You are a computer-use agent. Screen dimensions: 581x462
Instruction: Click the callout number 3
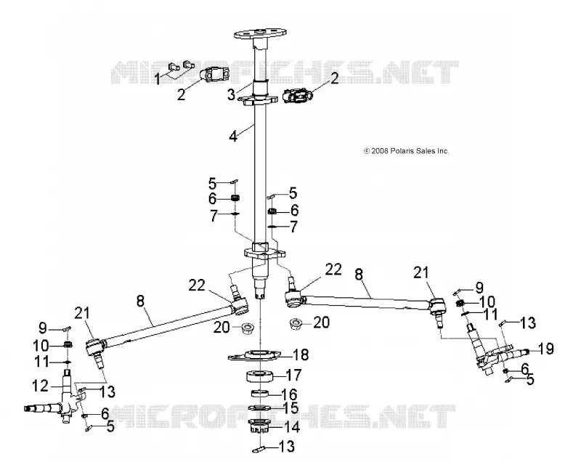click(x=231, y=94)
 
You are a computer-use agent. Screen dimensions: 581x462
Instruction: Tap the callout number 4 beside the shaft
click(x=233, y=136)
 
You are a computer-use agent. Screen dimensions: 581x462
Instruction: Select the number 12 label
click(x=41, y=386)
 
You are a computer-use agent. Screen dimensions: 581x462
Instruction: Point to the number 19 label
click(x=545, y=349)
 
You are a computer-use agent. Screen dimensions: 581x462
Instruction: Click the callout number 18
click(x=301, y=354)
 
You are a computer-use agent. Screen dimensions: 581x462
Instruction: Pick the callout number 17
click(x=294, y=375)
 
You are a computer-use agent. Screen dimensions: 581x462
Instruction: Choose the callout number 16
click(x=289, y=394)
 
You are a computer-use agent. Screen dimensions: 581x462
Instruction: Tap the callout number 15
click(x=290, y=408)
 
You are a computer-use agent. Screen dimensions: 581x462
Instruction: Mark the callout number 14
click(x=291, y=427)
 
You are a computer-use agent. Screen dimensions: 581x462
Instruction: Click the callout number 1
click(x=158, y=79)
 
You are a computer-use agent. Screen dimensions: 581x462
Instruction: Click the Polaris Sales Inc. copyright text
click(x=407, y=151)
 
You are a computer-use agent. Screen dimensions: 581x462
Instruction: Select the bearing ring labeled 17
click(x=260, y=376)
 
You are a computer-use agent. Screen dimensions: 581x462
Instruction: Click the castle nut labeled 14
click(x=260, y=426)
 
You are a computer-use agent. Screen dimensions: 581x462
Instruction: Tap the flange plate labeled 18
click(x=253, y=355)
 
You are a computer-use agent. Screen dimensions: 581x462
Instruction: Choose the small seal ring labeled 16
click(x=260, y=393)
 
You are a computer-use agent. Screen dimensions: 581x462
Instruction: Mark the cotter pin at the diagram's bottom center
click(x=259, y=450)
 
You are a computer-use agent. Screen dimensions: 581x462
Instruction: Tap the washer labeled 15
click(x=260, y=408)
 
